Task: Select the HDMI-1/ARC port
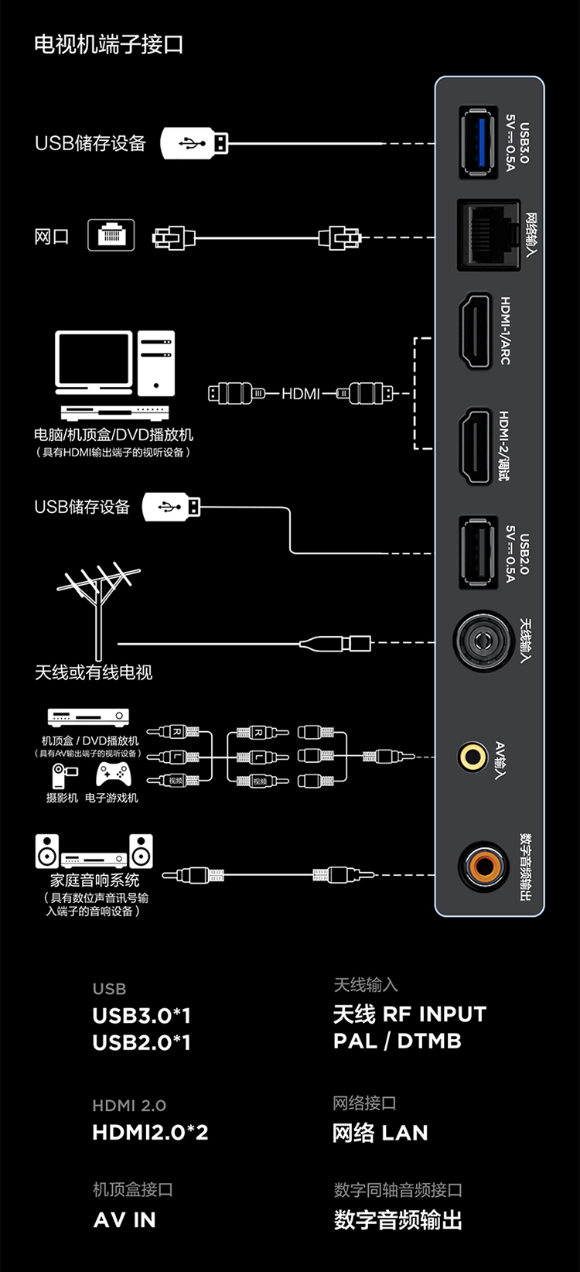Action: click(476, 331)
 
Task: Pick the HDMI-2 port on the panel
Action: click(476, 446)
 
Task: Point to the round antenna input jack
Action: click(483, 641)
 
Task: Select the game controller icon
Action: click(113, 774)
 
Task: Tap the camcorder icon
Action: click(63, 775)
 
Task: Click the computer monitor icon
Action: click(94, 362)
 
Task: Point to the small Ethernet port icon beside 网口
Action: click(111, 234)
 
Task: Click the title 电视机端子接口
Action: click(109, 44)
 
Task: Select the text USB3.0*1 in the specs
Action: click(142, 1015)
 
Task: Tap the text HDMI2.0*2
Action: click(150, 1133)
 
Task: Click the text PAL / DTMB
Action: click(397, 1041)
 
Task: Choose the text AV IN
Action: click(125, 1220)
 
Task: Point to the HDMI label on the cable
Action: click(301, 394)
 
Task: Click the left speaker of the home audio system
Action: click(47, 851)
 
